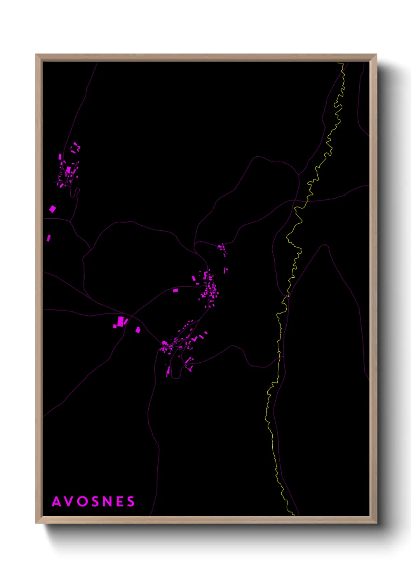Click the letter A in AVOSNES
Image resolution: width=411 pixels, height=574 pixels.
pos(57,501)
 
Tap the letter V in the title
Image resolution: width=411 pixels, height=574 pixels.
pos(70,501)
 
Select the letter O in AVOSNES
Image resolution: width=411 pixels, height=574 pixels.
pos(82,501)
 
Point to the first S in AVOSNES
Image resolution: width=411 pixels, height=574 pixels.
pos(95,501)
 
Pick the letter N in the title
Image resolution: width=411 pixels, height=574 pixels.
pos(108,501)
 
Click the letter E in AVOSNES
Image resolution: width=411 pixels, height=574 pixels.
pos(120,501)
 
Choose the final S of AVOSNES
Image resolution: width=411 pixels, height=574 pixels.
pos(131,501)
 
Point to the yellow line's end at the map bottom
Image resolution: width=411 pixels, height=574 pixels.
pos(293,515)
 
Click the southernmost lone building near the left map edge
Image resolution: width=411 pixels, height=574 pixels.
pos(49,238)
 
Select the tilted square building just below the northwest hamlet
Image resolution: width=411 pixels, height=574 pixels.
pos(52,209)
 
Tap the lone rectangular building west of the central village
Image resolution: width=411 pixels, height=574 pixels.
pos(175,290)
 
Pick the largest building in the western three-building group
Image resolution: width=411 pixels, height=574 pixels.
pos(120,321)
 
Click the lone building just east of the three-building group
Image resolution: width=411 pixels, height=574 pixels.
pos(138,330)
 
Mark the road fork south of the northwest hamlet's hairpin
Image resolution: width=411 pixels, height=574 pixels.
pos(70,221)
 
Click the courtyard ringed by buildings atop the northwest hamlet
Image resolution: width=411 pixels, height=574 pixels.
pos(75,147)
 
